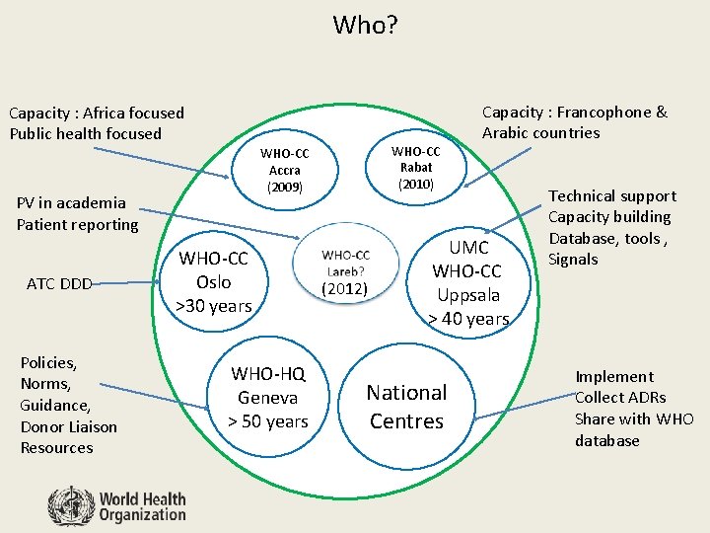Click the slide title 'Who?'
[x=365, y=24]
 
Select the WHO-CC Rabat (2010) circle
[x=415, y=167]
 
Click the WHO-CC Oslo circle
[x=214, y=281]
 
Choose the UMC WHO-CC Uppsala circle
[x=468, y=281]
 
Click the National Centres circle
[x=406, y=406]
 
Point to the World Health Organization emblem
[x=71, y=506]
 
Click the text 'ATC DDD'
[x=59, y=284]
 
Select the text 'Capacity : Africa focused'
[x=97, y=114]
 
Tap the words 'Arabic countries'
[x=540, y=132]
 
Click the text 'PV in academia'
[x=71, y=203]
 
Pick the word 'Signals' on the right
[x=573, y=260]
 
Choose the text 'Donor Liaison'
[x=68, y=426]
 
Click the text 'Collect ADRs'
[x=620, y=398]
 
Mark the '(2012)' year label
[x=345, y=289]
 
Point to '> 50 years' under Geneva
[x=268, y=422]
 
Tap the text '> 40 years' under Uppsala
[x=468, y=319]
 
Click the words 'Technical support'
[x=611, y=196]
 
